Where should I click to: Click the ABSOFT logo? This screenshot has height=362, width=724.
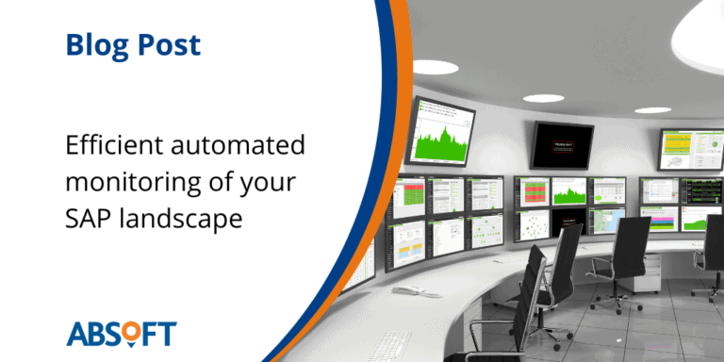point(121,333)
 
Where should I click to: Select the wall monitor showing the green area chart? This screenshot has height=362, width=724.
point(443,130)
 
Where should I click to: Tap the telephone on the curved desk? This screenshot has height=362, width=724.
point(406,291)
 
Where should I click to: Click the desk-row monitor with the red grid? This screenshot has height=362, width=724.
point(535,191)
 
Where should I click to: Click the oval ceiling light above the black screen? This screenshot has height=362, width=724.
point(544,98)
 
